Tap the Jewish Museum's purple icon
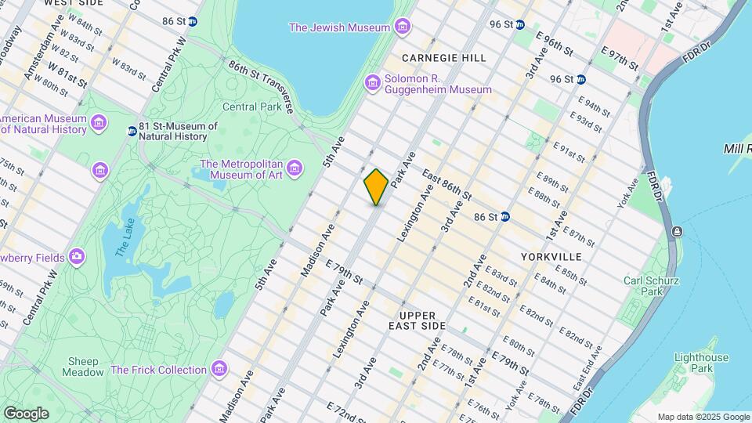pos(402,28)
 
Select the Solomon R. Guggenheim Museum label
pos(439,84)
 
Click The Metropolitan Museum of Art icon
pos(295,168)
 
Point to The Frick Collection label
pos(158,370)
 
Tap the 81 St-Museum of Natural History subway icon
pos(132,131)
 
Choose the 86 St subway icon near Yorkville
pos(505,216)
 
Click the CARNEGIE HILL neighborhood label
pos(443,58)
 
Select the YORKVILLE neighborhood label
pos(551,257)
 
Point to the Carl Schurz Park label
pos(651,286)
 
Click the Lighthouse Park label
pos(696,363)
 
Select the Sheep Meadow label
pos(83,367)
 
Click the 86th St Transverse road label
pos(261,89)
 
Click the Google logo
pos(26,414)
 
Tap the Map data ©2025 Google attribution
pos(703,417)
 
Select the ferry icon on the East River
pos(677,233)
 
